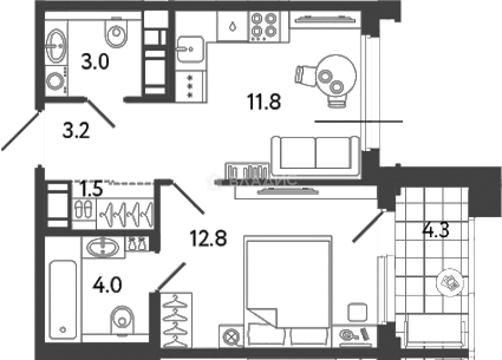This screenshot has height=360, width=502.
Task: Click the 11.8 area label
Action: point(264,102)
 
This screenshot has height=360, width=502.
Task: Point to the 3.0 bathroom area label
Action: point(95,63)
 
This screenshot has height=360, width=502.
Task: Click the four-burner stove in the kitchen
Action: point(263,25)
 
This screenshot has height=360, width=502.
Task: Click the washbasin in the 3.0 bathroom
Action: point(56,46)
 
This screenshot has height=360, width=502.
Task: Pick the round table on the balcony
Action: point(450,282)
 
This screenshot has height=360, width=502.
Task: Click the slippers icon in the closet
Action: point(84,209)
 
